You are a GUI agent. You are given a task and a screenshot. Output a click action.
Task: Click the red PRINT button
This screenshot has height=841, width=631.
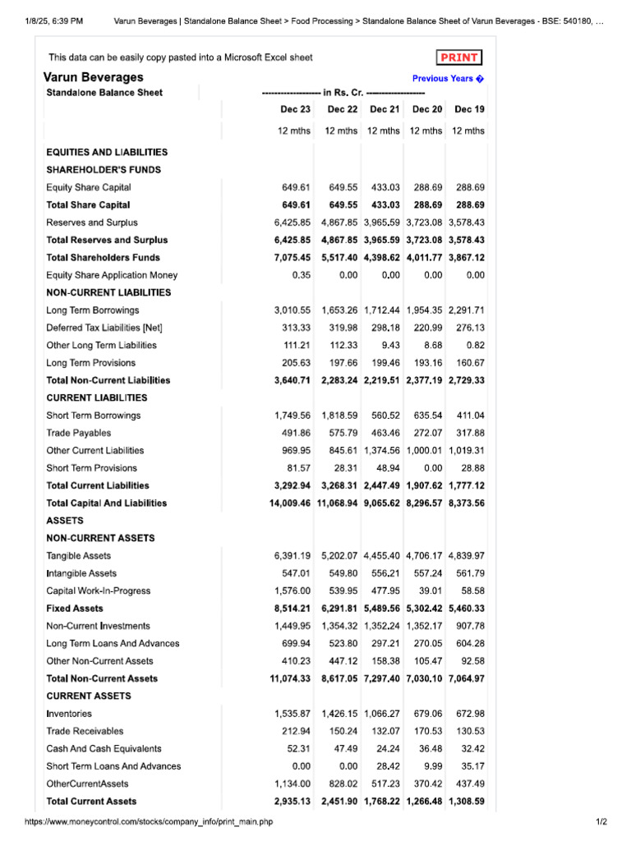[459, 57]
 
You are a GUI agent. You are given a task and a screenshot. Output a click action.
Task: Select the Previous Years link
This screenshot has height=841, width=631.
[448, 79]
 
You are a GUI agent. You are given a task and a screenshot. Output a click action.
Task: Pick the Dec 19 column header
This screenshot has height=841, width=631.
[469, 109]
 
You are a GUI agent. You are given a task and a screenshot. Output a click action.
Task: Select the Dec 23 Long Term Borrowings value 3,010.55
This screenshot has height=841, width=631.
[292, 310]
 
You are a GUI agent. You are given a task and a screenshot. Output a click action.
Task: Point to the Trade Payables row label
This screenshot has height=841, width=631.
[78, 433]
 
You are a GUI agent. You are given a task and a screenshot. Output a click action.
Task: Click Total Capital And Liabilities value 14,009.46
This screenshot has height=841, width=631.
[290, 503]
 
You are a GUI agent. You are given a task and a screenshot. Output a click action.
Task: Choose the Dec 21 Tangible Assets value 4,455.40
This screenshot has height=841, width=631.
[381, 556]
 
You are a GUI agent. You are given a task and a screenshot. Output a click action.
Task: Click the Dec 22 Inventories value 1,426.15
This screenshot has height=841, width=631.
[339, 714]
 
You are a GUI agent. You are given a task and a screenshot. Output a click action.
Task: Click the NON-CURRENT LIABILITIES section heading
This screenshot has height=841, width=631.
[108, 292]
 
